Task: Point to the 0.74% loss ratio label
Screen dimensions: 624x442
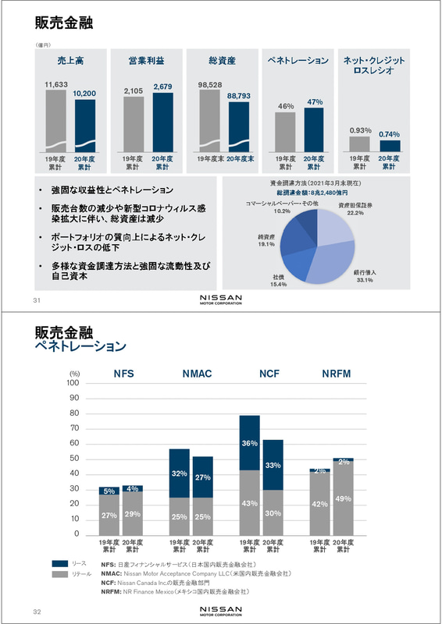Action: (389, 134)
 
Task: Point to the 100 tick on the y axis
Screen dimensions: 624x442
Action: (73, 383)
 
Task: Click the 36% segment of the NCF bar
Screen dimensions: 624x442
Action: (249, 443)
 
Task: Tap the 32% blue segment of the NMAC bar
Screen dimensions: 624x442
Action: (180, 473)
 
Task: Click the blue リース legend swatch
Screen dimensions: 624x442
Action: (62, 563)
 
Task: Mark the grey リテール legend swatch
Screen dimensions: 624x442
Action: (62, 573)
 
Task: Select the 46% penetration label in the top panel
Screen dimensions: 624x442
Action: (286, 106)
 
